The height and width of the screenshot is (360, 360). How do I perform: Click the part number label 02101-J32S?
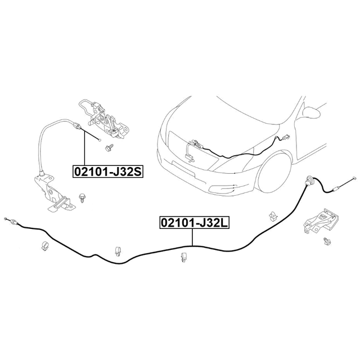(x=108, y=172)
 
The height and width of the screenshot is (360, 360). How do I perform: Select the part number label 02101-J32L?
(x=194, y=223)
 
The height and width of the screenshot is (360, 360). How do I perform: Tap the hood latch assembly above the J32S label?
(x=103, y=119)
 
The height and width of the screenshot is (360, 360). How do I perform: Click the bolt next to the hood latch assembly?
(x=109, y=147)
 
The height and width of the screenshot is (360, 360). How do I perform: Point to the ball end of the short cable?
(x=100, y=140)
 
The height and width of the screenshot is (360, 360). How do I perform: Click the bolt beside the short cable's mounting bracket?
(x=82, y=198)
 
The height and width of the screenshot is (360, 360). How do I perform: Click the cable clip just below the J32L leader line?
(x=184, y=257)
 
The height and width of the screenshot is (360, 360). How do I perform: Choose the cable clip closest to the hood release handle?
(x=273, y=216)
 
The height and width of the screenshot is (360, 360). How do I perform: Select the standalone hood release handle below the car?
(x=321, y=221)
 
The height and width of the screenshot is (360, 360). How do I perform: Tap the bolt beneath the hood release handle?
(x=327, y=241)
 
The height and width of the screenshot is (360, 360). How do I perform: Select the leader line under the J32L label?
(x=192, y=237)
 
